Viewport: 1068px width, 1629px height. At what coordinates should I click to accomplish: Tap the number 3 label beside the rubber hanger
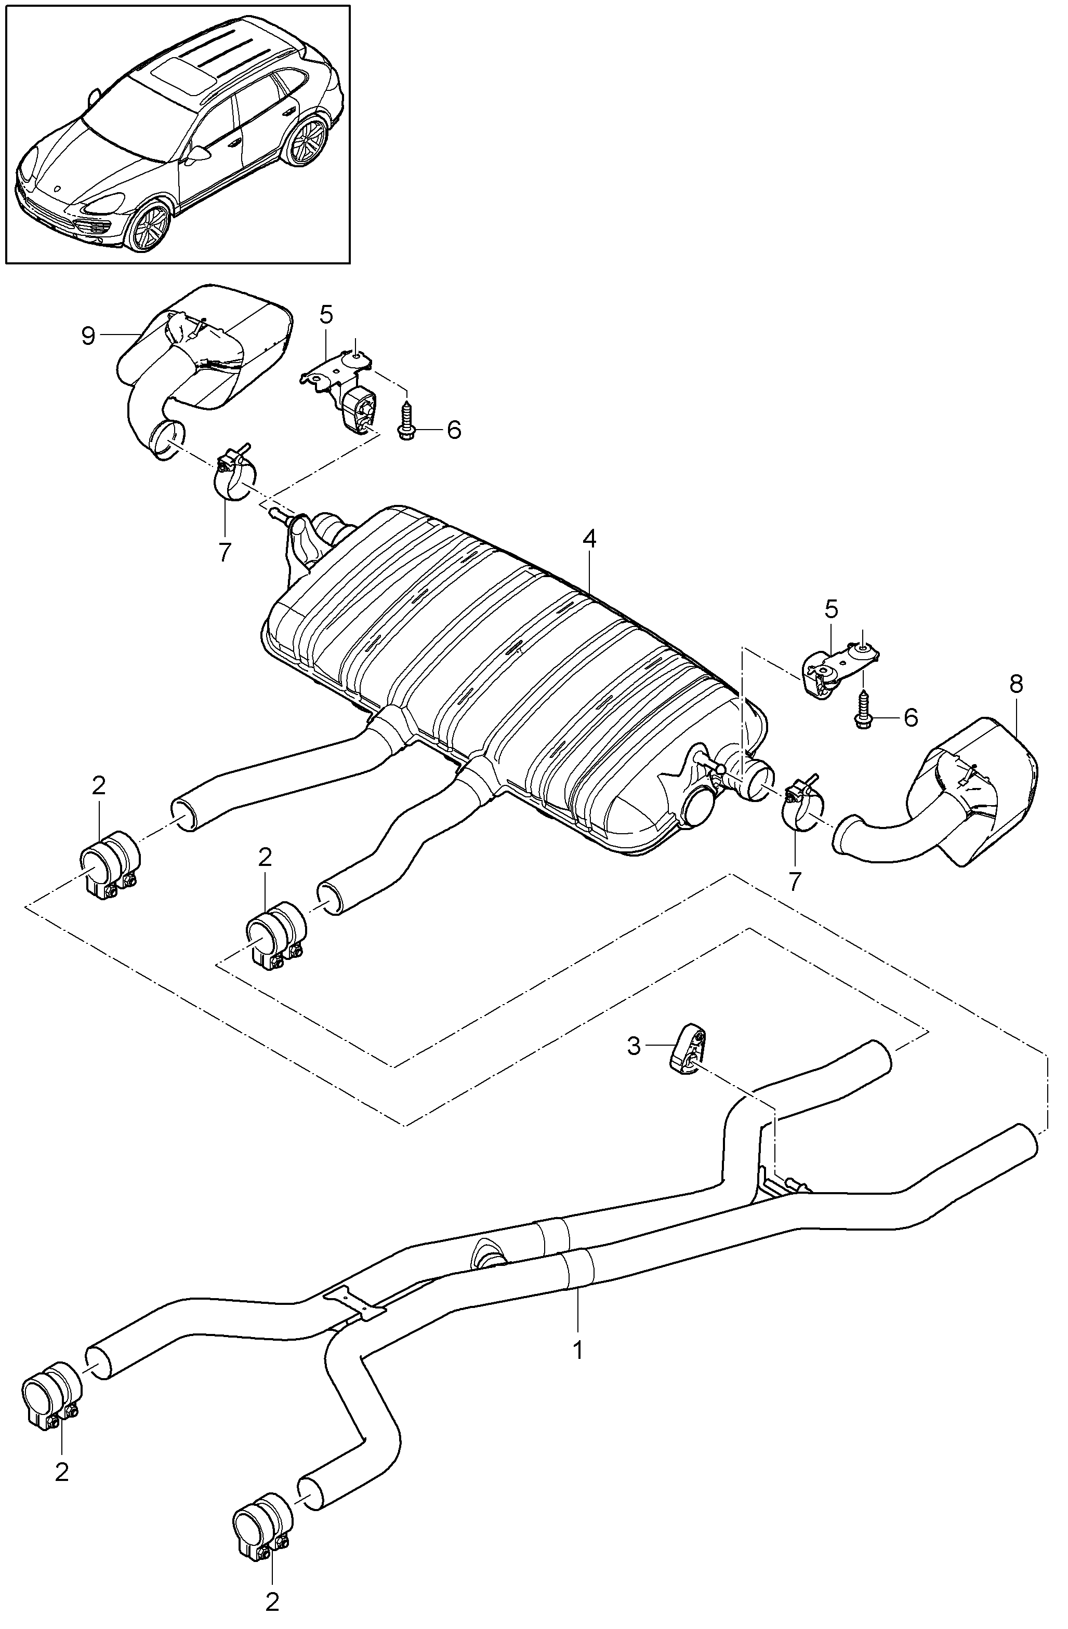click(634, 1047)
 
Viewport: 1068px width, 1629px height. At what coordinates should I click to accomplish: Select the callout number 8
click(1016, 685)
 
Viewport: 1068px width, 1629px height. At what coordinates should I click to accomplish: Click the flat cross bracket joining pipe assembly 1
click(354, 1302)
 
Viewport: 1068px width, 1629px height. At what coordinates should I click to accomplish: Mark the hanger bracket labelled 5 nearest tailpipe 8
click(835, 667)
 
